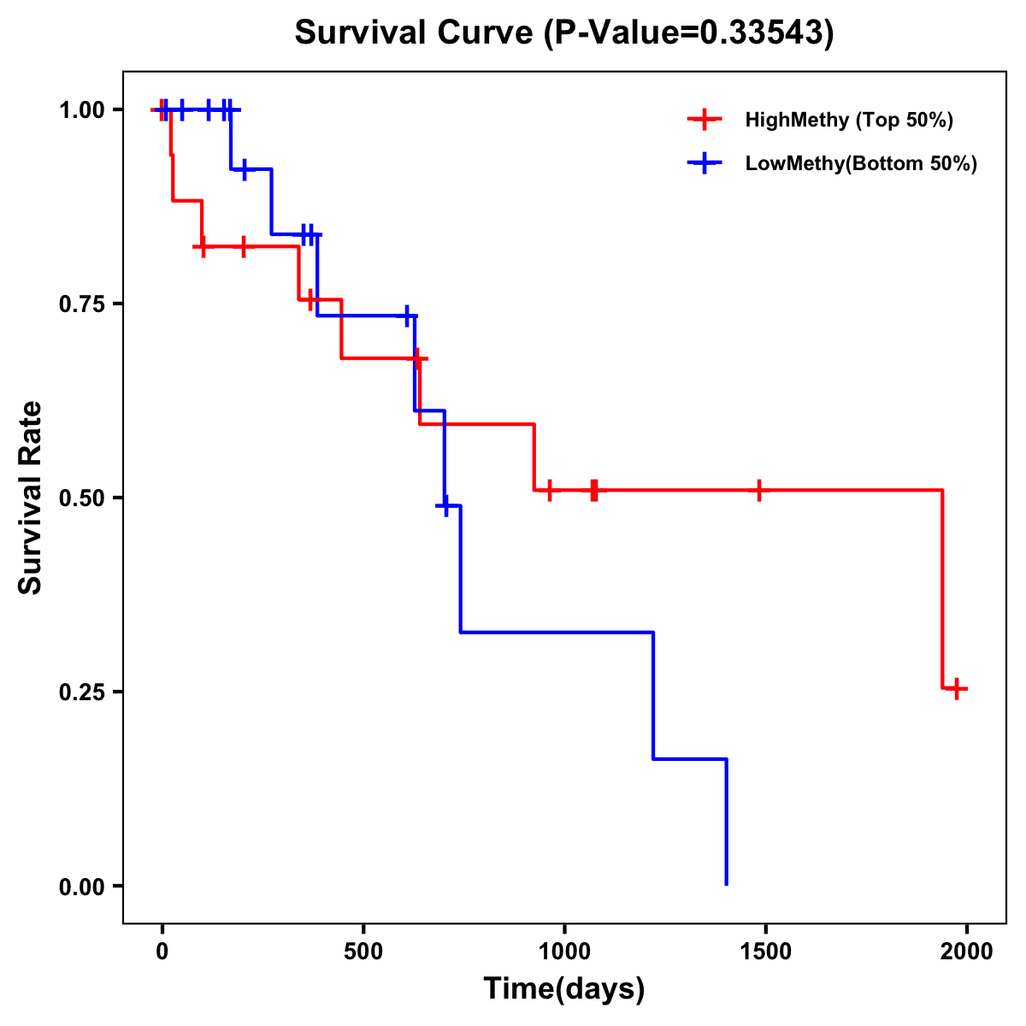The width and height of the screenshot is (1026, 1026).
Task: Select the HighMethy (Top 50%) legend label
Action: (848, 120)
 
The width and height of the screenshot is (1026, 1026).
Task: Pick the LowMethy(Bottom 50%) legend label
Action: (861, 163)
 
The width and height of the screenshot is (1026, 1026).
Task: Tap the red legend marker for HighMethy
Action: (705, 120)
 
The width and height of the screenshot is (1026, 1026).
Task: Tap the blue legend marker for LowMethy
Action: (705, 163)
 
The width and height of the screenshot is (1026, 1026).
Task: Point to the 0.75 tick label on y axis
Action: (82, 304)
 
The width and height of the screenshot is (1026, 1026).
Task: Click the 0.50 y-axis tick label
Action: (82, 498)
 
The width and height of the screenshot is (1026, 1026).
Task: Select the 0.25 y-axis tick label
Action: (82, 692)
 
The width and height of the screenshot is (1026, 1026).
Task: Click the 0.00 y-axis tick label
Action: (82, 886)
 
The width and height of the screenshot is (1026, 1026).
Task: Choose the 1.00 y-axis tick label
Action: (82, 109)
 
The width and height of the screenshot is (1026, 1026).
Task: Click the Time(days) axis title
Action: (564, 989)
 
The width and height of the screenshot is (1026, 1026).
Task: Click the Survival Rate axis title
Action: (31, 498)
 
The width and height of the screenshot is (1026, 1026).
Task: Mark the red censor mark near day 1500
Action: (758, 490)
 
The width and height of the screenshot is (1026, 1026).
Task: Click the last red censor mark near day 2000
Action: (958, 688)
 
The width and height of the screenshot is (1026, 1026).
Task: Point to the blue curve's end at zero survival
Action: (726, 884)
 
